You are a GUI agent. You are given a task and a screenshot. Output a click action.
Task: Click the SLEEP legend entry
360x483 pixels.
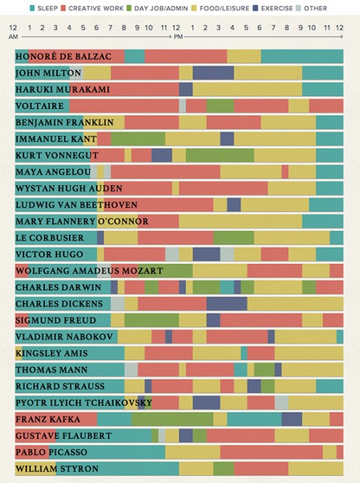point(43,8)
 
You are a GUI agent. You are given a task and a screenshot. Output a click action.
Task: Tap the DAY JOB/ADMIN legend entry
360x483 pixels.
point(160,8)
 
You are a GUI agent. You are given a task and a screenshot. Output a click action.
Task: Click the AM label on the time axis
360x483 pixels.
point(14,35)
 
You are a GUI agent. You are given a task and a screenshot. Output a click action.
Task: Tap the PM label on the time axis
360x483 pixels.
point(178,35)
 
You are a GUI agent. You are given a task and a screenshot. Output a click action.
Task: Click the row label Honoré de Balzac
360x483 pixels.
point(63,56)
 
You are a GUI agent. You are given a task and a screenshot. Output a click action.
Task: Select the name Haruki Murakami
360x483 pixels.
point(62,89)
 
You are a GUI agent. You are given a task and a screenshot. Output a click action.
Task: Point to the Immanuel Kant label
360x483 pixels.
point(55,139)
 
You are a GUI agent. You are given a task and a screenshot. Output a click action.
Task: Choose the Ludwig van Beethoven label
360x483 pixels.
point(76,205)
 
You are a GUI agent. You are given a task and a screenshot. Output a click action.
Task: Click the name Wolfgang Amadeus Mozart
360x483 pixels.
point(88,270)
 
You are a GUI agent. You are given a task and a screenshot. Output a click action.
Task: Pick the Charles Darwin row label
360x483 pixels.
point(58,286)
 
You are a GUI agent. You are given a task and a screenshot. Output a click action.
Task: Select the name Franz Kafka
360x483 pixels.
point(48,418)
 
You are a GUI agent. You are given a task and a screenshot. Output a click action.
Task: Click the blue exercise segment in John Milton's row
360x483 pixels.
point(213,73)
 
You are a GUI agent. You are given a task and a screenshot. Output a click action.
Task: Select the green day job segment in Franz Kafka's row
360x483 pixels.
point(172,418)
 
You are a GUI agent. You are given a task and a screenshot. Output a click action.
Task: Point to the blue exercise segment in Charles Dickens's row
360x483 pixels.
point(226,303)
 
